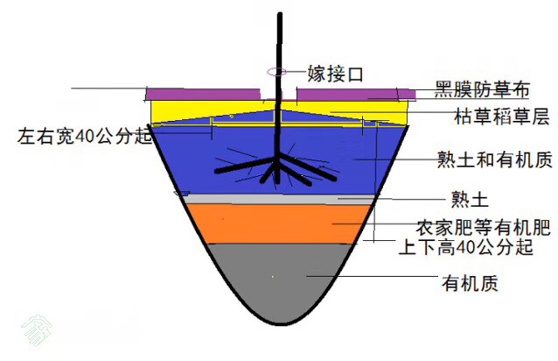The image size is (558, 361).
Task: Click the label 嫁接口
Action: [335, 74]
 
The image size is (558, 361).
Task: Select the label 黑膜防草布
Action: [482, 89]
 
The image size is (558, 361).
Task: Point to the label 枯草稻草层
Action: [502, 117]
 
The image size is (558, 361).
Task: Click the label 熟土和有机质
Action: [495, 159]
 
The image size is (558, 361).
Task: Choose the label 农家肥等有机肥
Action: [484, 227]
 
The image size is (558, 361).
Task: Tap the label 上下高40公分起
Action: [466, 246]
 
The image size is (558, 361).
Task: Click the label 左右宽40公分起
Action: [85, 136]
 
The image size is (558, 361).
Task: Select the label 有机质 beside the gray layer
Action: [470, 283]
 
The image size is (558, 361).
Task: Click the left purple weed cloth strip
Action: [203, 95]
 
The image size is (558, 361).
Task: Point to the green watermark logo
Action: [37, 329]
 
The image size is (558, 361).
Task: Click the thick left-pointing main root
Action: [244, 166]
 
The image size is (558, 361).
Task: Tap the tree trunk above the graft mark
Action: [280, 41]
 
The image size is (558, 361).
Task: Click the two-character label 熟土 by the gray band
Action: [470, 200]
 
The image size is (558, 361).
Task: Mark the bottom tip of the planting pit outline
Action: [281, 324]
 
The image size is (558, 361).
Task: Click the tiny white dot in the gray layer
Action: [273, 277]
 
